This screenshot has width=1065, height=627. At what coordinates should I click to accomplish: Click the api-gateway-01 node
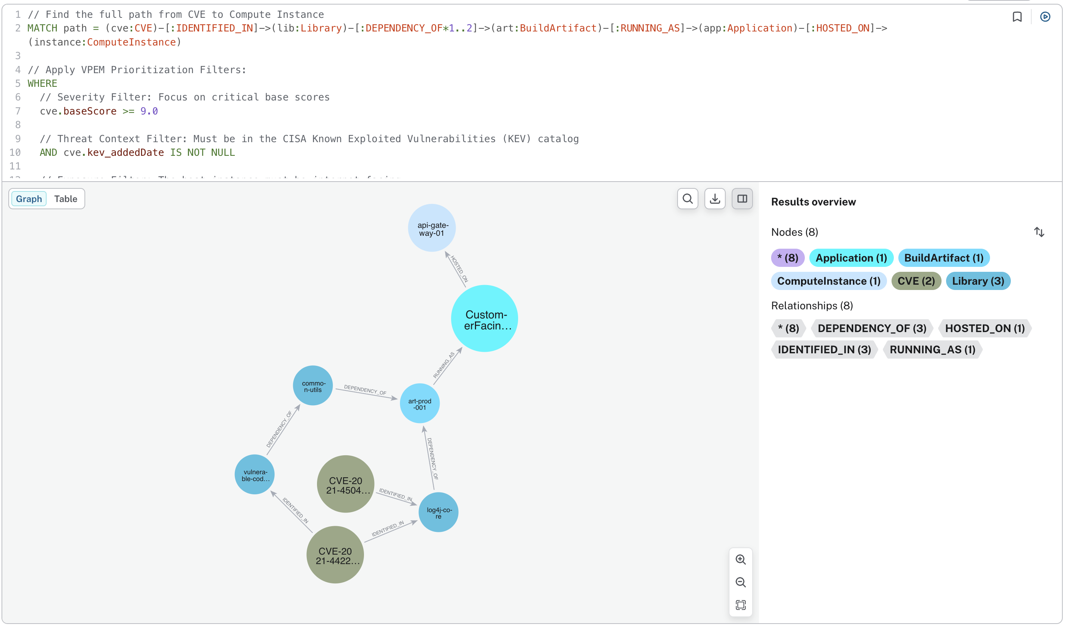[431, 228]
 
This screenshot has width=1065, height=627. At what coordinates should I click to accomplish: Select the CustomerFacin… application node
[484, 318]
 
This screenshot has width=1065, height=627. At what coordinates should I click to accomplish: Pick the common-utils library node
[312, 386]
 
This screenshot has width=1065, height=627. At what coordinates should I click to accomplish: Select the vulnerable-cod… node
[255, 474]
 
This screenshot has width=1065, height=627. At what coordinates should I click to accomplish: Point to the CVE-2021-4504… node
[345, 484]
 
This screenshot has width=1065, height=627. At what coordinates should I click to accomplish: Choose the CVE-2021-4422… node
[335, 555]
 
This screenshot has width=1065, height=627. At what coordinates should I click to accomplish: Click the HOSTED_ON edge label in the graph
[459, 269]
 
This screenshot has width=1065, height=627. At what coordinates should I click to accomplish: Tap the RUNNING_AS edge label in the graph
[444, 365]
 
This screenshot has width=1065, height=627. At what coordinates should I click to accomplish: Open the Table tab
[66, 199]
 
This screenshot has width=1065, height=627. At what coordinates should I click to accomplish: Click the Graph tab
[29, 199]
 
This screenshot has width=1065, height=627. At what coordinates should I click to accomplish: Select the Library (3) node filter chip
[978, 281]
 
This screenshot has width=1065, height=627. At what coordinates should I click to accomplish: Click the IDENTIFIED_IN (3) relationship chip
[824, 350]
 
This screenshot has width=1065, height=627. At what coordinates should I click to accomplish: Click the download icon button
[715, 199]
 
